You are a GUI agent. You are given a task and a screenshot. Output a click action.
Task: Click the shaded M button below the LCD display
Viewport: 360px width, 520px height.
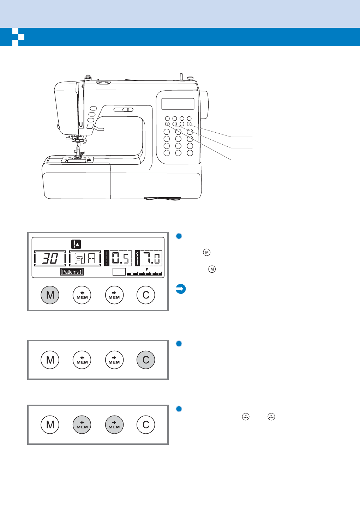(x=50, y=295)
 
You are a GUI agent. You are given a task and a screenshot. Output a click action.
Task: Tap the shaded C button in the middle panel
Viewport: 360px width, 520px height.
(x=146, y=360)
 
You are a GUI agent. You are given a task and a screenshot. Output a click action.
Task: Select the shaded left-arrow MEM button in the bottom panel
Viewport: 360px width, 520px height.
(x=82, y=424)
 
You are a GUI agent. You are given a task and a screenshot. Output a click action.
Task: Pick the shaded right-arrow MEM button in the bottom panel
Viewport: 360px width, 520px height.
(x=114, y=424)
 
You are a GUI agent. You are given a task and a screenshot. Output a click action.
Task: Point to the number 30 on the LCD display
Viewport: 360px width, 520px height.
(x=50, y=259)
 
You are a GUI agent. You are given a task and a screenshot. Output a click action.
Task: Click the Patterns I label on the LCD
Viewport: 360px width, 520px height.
(x=72, y=272)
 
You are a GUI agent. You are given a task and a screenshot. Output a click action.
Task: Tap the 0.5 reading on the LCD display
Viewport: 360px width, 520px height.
(x=120, y=259)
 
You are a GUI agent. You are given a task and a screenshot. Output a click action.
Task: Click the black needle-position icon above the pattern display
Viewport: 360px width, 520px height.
(x=76, y=244)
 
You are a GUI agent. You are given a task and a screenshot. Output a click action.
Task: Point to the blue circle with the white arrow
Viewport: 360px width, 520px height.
(x=181, y=289)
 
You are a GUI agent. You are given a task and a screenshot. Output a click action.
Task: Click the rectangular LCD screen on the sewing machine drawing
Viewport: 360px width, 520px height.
(x=178, y=104)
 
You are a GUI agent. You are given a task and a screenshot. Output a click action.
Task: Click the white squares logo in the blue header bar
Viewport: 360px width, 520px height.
(x=18, y=37)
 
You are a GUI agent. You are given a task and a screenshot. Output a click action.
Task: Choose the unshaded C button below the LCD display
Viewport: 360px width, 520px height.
(x=146, y=295)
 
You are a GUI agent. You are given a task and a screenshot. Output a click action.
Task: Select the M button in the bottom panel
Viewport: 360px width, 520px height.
(x=50, y=424)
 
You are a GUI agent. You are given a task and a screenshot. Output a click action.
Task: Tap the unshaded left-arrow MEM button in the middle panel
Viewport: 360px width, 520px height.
(x=82, y=360)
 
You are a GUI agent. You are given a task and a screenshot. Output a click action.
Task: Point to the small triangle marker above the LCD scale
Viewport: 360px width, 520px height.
(x=147, y=270)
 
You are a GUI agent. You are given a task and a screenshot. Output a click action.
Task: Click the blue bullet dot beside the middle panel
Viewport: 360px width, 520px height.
(x=179, y=344)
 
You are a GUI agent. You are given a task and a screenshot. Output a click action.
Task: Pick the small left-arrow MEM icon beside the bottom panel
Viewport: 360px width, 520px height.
(x=246, y=417)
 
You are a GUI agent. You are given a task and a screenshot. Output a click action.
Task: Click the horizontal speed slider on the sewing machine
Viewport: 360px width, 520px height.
(x=124, y=110)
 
